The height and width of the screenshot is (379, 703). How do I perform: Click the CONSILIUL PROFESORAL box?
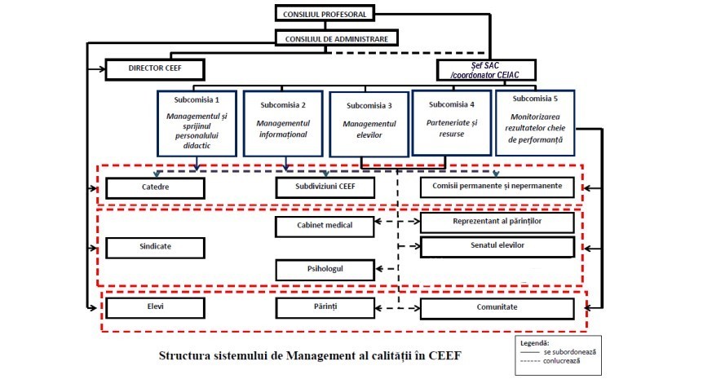(325, 14)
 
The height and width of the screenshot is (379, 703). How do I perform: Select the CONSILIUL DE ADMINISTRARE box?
(337, 38)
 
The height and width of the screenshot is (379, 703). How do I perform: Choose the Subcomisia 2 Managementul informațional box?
(281, 123)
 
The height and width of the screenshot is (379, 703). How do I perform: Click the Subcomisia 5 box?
(536, 123)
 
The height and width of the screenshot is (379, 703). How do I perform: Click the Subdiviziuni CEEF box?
(325, 187)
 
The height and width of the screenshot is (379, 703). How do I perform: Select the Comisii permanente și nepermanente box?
(502, 187)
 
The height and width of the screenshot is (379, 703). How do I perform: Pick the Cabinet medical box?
(324, 226)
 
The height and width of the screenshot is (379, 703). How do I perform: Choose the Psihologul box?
(324, 268)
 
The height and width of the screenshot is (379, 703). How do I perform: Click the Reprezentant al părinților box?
(502, 221)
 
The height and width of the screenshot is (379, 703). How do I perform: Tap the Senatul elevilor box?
(502, 245)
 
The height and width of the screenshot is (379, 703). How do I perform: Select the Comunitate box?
(502, 309)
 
